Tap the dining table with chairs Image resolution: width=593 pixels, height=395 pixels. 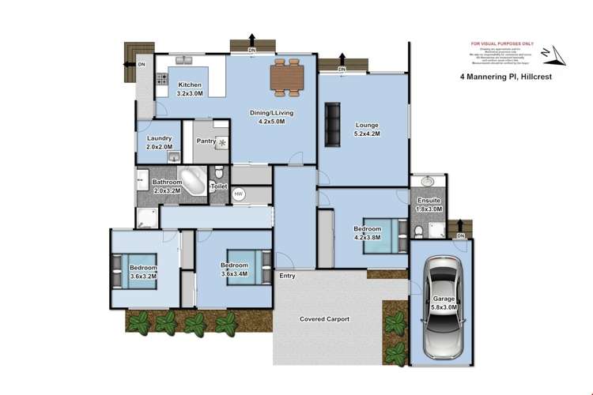point(286,77)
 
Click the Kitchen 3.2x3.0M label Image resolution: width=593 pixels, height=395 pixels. point(190,88)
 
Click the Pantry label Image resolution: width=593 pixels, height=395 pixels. point(206,141)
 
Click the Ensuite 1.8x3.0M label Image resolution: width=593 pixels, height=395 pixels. point(429,204)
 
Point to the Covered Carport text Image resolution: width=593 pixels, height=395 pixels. point(324,319)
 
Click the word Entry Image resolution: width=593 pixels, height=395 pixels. point(287,276)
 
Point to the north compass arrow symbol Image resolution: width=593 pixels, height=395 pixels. point(551,54)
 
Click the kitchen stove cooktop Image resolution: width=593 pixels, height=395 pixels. point(161,78)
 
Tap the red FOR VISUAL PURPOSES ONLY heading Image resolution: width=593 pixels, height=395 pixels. point(502,44)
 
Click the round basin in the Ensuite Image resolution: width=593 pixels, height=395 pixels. point(428,181)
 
